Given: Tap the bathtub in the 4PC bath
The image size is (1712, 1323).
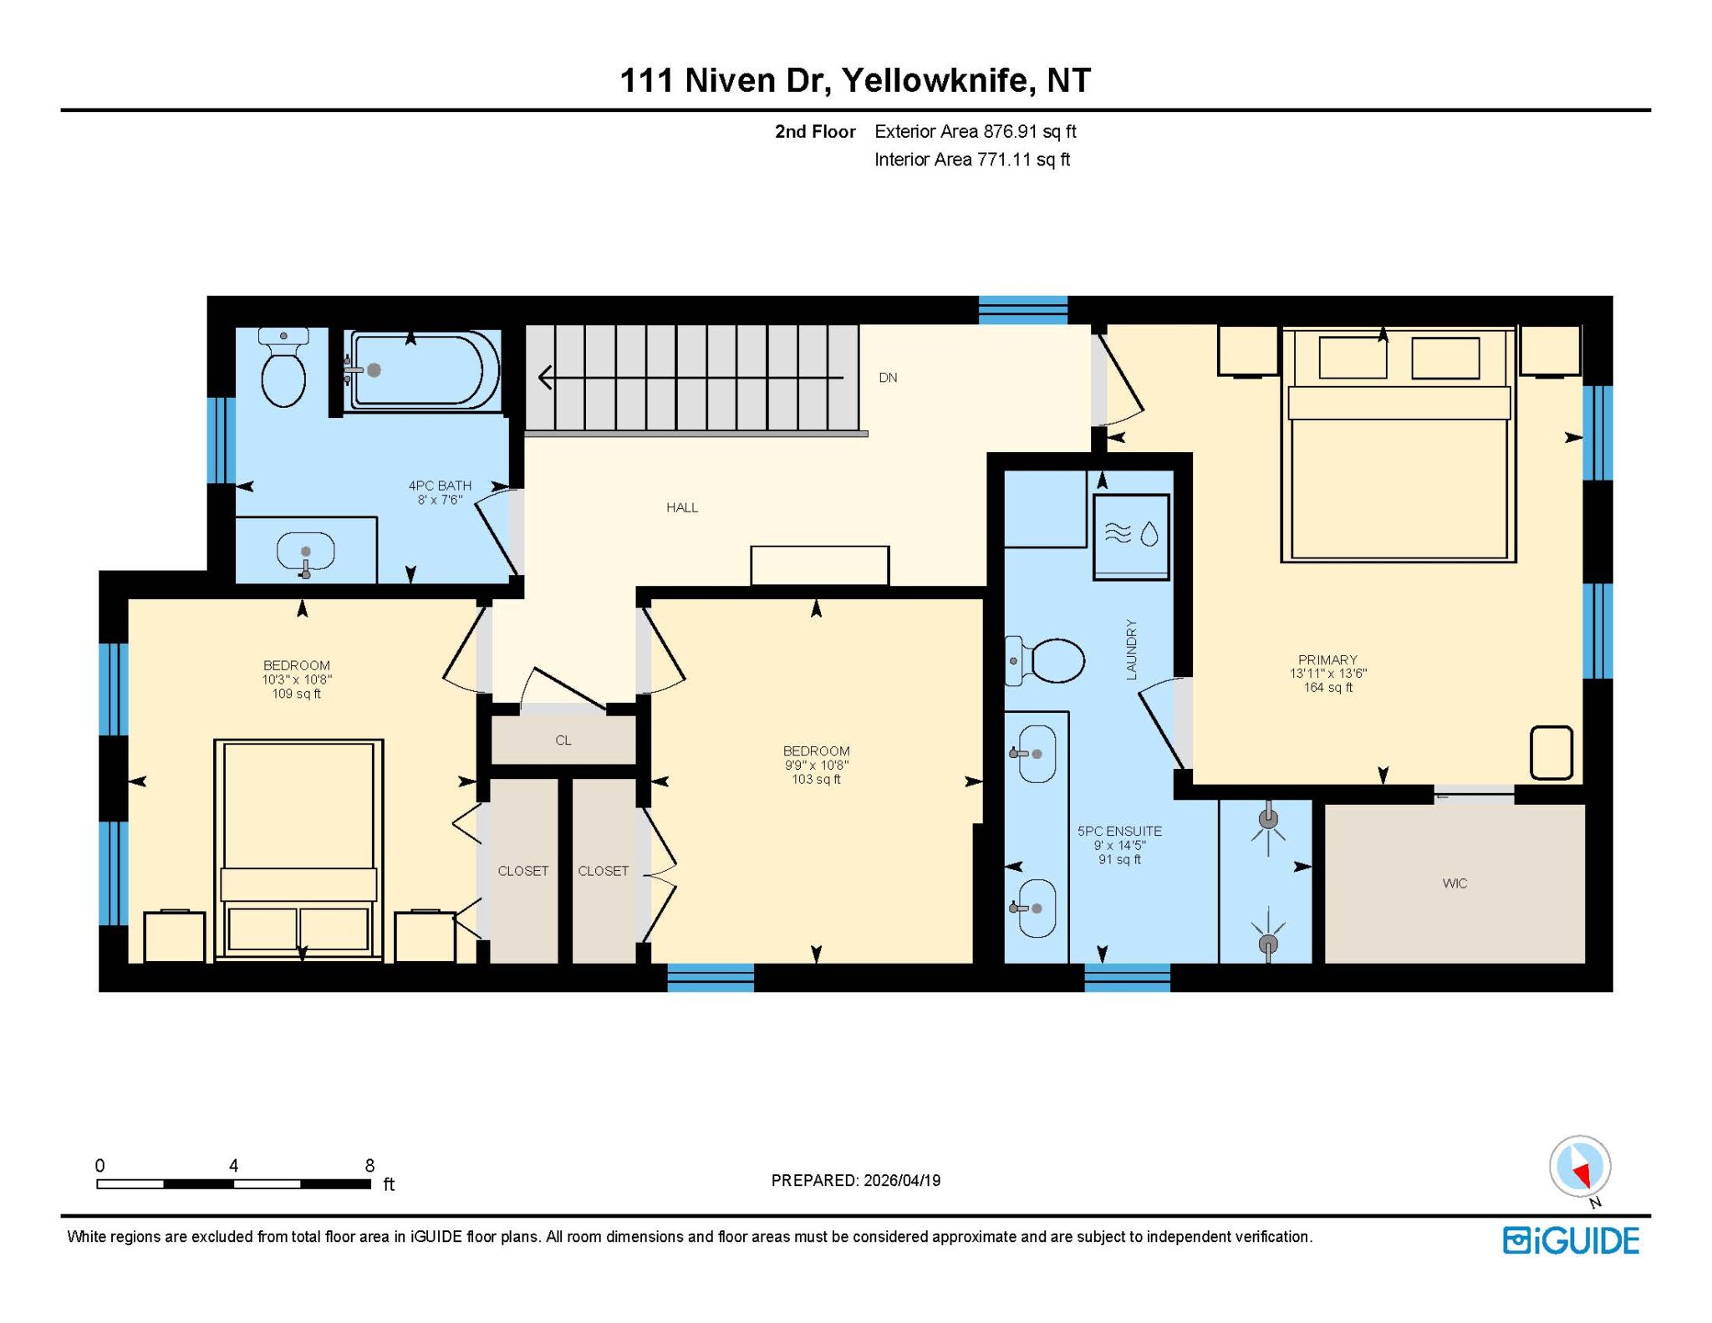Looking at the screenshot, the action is [x=423, y=370].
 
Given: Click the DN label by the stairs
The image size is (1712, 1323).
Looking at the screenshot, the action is [x=888, y=378].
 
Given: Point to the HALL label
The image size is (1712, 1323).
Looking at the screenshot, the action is [x=682, y=507].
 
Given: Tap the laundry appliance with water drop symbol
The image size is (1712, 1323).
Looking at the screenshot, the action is [x=1131, y=536].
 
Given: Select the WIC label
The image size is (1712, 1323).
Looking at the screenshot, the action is [x=1455, y=883].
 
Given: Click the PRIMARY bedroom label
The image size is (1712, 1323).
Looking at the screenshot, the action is [x=1327, y=659].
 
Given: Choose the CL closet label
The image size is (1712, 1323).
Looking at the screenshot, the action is [x=563, y=740].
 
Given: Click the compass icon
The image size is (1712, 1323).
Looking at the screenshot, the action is [x=1580, y=1167].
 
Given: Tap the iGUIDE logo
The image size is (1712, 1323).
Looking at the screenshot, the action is [x=1571, y=1240].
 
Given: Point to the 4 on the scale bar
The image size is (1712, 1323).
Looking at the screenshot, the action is [x=234, y=1165].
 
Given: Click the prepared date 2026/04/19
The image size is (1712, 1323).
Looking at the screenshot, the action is [x=902, y=1180].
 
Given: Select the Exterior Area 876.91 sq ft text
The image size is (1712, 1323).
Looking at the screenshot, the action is [x=976, y=131].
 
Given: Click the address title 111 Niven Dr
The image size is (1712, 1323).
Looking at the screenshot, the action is [x=724, y=80].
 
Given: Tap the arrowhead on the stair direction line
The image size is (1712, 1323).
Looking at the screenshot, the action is [x=545, y=378].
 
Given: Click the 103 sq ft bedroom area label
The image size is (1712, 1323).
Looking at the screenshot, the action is [x=816, y=780].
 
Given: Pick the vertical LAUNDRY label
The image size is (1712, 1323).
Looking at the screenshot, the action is [x=1132, y=649].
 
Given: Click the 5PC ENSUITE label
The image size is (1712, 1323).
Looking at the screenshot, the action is [x=1119, y=832].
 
